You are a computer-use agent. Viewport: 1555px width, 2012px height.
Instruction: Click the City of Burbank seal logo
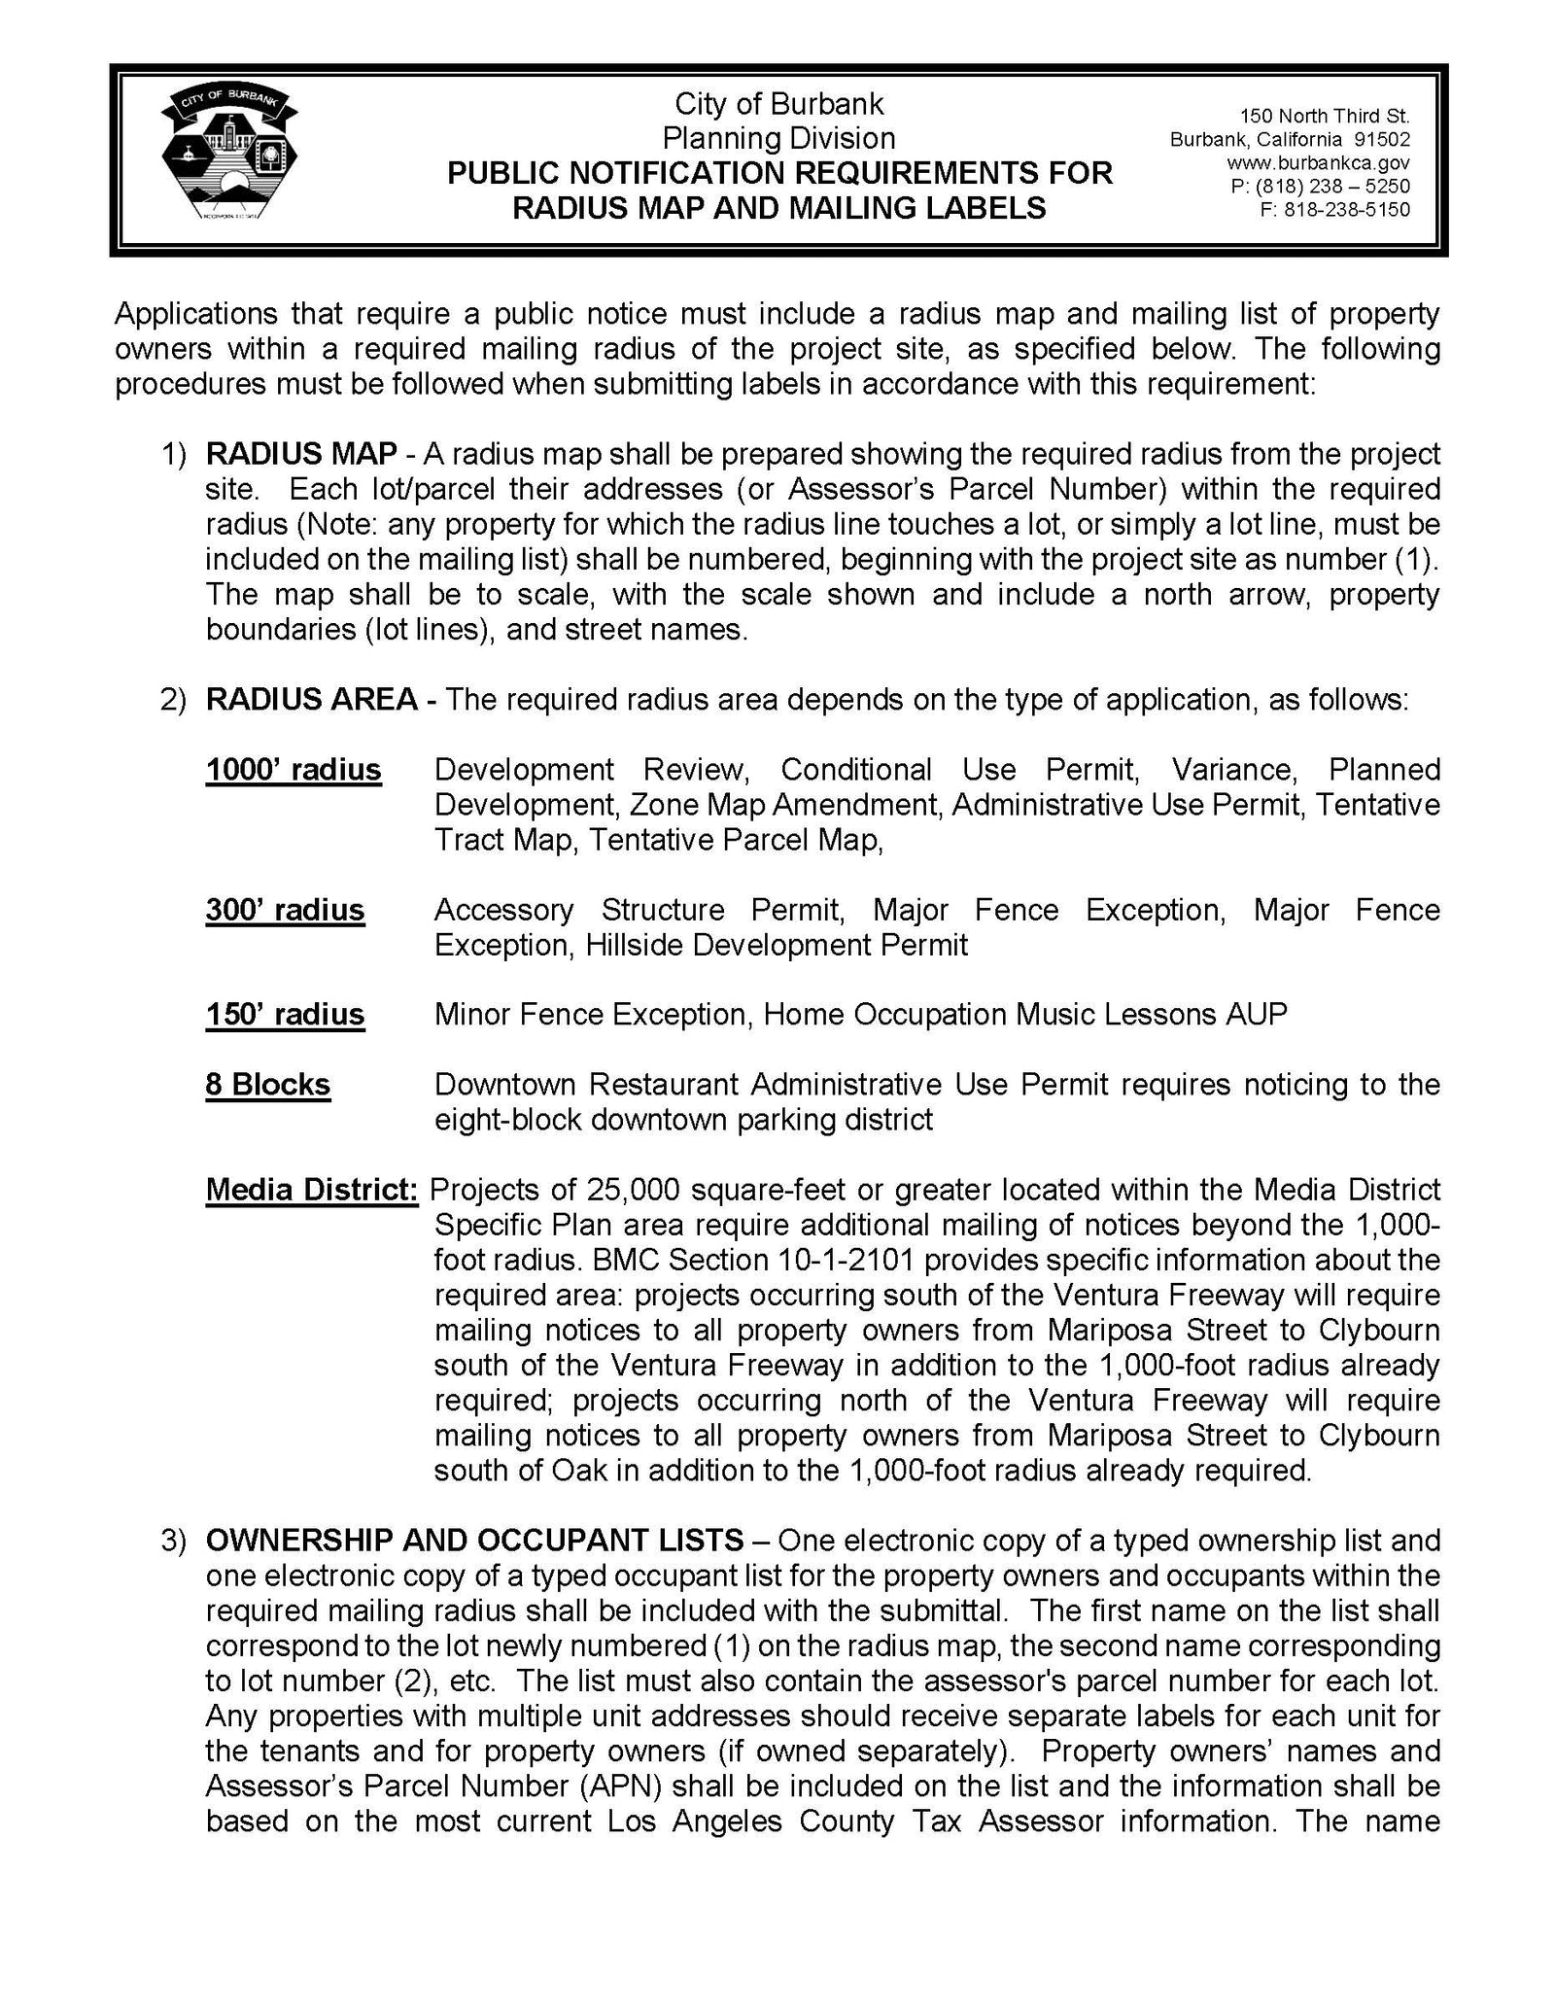coord(229,159)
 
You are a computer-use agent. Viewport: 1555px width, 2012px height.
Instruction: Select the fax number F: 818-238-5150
coord(1333,209)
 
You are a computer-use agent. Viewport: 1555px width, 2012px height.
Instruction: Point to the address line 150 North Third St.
coord(1324,117)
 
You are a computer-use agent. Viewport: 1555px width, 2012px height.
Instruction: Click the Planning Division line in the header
coord(778,138)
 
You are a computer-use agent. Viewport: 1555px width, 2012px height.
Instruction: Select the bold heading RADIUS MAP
coord(301,454)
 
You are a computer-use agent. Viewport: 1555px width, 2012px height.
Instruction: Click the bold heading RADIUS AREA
coord(312,699)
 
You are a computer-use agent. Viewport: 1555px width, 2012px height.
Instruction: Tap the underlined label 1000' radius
coord(294,770)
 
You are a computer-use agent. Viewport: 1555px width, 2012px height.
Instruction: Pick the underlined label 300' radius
coord(285,910)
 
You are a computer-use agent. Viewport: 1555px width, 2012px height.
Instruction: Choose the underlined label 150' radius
coord(285,1015)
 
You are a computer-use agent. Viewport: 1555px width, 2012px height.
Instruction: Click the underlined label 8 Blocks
coord(267,1085)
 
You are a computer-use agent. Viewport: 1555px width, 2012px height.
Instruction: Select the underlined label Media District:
coord(312,1190)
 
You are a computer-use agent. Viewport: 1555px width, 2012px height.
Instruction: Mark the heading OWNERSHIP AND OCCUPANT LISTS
coord(474,1541)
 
